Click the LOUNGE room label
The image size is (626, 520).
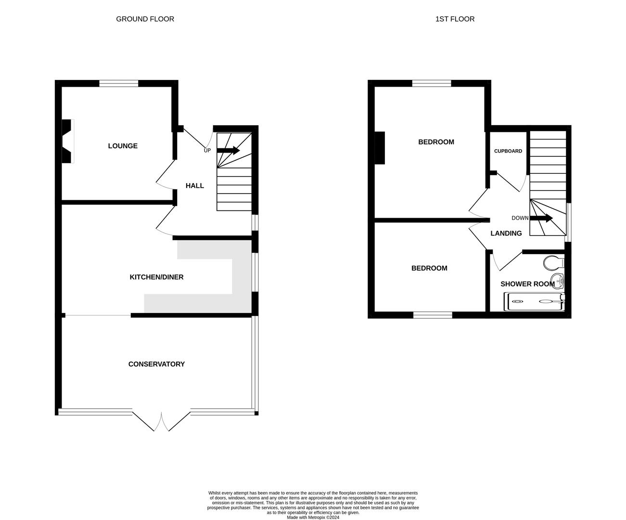click(123, 146)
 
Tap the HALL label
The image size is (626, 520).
click(195, 185)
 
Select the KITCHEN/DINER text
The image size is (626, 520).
click(156, 277)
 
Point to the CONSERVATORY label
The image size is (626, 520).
click(156, 364)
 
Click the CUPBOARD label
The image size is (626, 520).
click(508, 151)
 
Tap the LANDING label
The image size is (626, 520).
click(506, 234)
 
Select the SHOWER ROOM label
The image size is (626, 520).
click(527, 284)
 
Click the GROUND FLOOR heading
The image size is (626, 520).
click(145, 19)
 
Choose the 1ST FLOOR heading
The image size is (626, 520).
click(455, 19)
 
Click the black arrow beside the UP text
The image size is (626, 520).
click(229, 150)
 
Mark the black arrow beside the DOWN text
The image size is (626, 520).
click(541, 218)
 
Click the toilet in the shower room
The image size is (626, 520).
click(553, 263)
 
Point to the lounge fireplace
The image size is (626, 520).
click(67, 141)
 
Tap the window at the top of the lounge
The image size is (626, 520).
click(119, 83)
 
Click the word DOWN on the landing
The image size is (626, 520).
click(520, 218)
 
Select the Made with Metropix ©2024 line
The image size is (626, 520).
click(313, 518)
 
